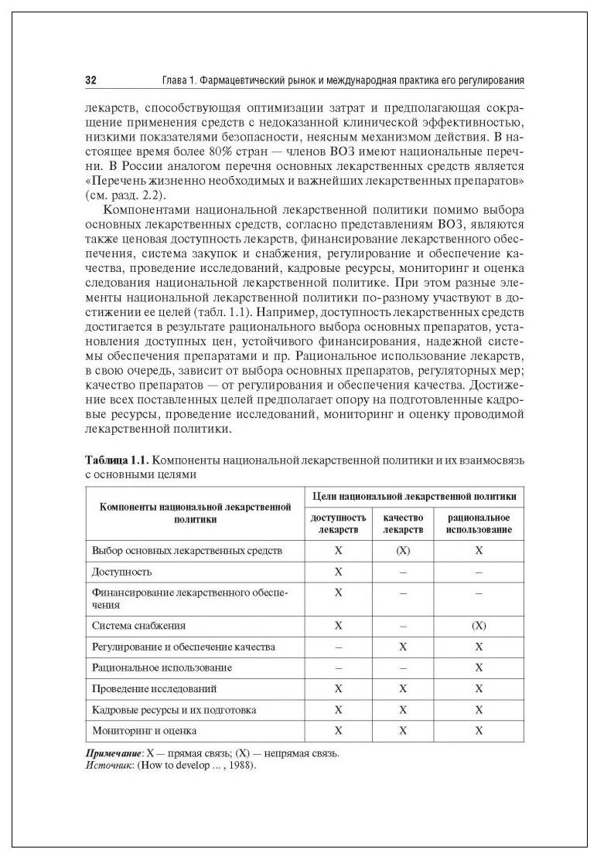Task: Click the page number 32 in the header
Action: point(90,80)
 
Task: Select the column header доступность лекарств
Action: point(338,524)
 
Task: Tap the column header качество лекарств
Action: point(403,524)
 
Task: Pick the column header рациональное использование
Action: point(478,524)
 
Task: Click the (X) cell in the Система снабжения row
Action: point(479,625)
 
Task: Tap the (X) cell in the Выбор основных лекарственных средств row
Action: point(403,551)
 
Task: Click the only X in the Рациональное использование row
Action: point(479,667)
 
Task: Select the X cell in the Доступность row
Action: point(338,572)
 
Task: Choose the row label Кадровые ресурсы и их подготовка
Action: point(173,708)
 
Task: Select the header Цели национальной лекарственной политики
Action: point(414,494)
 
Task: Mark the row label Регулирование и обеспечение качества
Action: point(183,646)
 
